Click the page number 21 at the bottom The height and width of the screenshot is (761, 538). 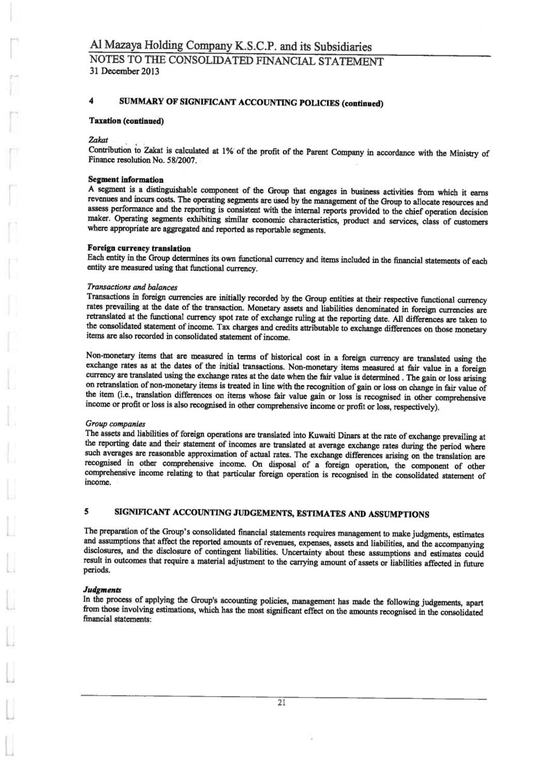click(282, 703)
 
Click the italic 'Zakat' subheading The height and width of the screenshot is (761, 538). click(98, 140)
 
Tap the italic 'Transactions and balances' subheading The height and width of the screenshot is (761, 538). click(133, 286)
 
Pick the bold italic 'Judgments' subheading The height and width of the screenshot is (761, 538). click(103, 589)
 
